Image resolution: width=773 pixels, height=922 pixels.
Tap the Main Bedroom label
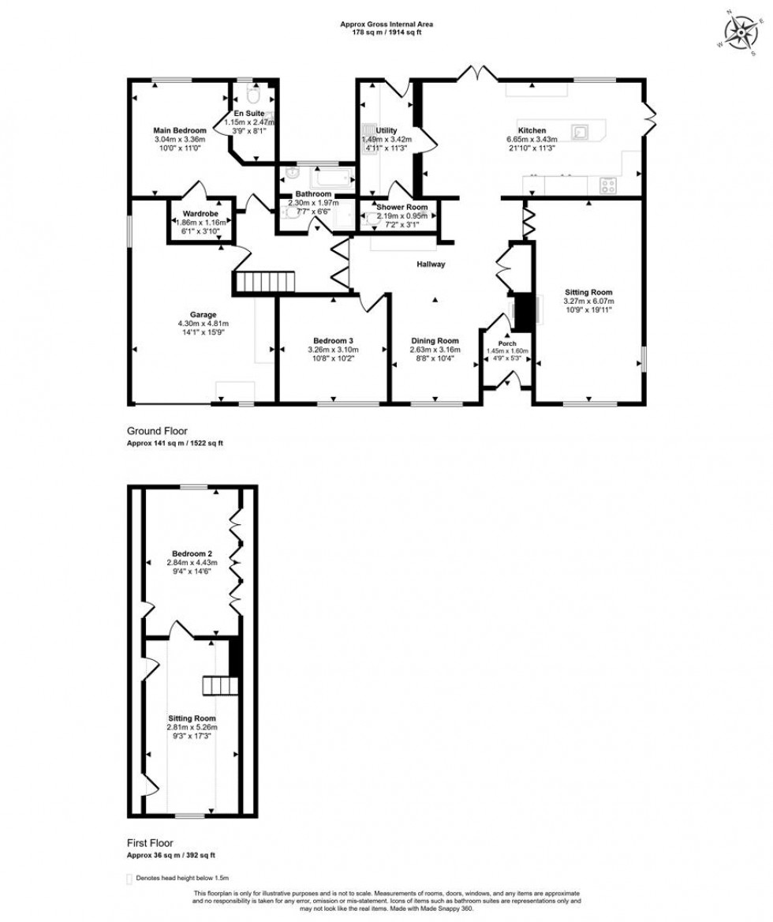click(180, 130)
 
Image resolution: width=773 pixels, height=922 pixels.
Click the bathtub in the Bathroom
click(322, 176)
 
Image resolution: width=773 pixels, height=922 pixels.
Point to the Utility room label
click(386, 130)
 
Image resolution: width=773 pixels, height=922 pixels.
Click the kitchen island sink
click(581, 131)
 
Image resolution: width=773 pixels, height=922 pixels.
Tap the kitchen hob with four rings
click(608, 186)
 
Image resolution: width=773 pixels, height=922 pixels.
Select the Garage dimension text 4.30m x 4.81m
click(203, 324)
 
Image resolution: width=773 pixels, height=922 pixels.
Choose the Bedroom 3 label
click(330, 341)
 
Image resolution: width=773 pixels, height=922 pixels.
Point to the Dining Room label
click(434, 341)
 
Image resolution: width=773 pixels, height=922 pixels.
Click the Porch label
click(506, 344)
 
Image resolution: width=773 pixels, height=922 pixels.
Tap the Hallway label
click(431, 264)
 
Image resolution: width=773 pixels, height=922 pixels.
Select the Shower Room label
click(401, 207)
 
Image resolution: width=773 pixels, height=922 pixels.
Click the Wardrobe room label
click(200, 213)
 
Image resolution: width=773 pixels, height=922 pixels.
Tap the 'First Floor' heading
click(150, 843)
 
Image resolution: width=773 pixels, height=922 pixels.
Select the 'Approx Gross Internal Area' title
click(386, 24)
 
